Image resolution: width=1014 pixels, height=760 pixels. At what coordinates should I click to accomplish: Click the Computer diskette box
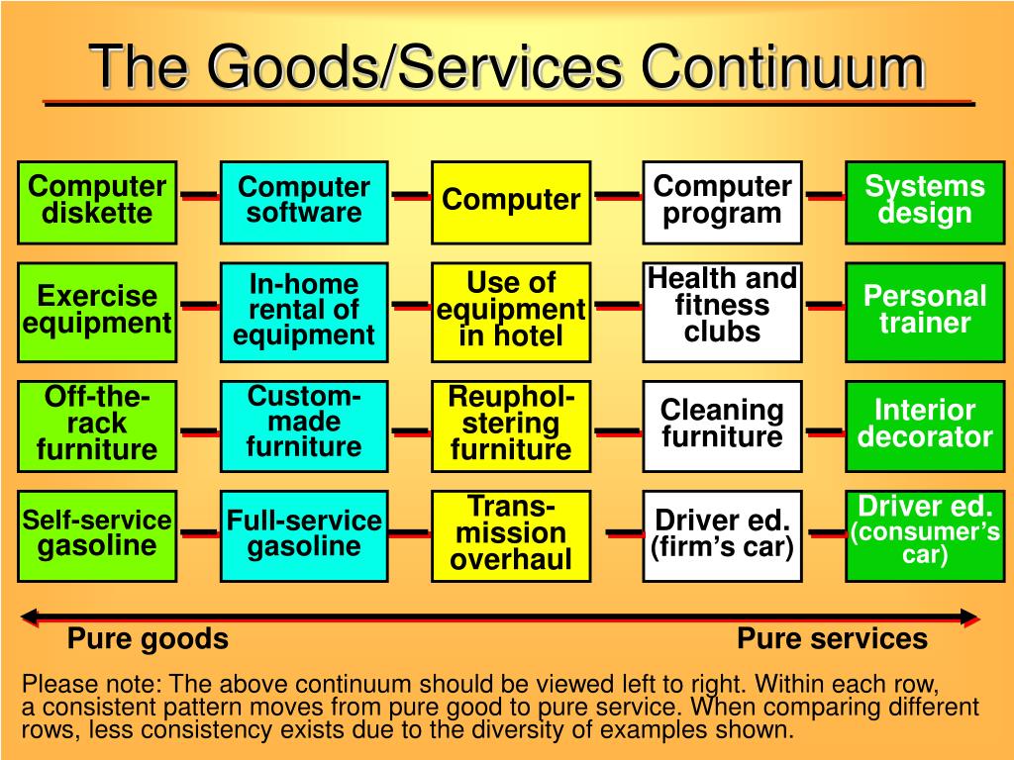(97, 201)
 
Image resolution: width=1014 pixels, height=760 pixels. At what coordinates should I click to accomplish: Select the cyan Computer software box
(304, 201)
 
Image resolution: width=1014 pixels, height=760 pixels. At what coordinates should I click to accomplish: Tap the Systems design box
(925, 201)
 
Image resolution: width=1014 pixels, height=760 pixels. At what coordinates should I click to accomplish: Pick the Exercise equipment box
(97, 311)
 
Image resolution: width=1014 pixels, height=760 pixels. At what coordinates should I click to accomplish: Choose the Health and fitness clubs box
(722, 311)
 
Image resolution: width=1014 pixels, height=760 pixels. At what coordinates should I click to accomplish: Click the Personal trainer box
(925, 311)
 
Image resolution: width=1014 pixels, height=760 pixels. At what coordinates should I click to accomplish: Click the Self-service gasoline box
(97, 534)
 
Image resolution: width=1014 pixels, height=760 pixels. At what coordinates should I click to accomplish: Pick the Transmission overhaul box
(511, 534)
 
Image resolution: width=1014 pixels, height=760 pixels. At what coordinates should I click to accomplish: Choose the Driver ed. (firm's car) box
(722, 534)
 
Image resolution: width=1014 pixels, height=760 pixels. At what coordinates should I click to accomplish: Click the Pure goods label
(148, 639)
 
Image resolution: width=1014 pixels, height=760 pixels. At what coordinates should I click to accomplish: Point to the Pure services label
(832, 639)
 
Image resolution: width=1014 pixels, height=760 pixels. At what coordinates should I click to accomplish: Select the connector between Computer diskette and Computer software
(199, 195)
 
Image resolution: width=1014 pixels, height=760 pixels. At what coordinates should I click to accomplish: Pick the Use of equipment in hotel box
(511, 311)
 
